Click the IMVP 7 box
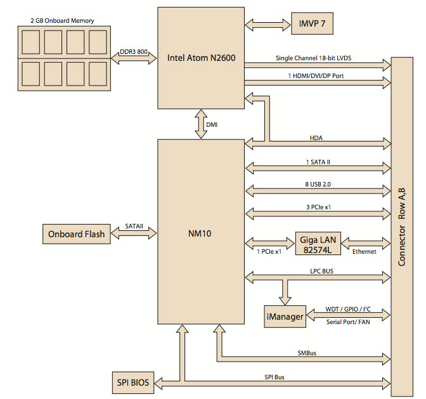(x=312, y=23)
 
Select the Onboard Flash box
(x=77, y=234)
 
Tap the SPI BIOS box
(x=133, y=383)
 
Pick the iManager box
(x=285, y=317)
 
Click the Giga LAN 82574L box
(x=318, y=244)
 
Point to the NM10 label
(x=200, y=233)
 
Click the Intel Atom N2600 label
(x=202, y=58)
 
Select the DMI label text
(x=212, y=125)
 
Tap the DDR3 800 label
(x=134, y=51)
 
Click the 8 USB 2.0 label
(x=318, y=185)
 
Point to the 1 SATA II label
(x=318, y=162)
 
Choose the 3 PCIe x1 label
(x=319, y=207)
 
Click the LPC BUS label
(x=321, y=271)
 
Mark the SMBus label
(x=307, y=353)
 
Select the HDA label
(x=316, y=138)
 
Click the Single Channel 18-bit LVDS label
(x=314, y=58)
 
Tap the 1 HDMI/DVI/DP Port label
(x=316, y=76)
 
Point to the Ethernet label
(x=365, y=252)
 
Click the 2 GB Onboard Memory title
(x=62, y=21)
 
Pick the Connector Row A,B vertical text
(x=402, y=227)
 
